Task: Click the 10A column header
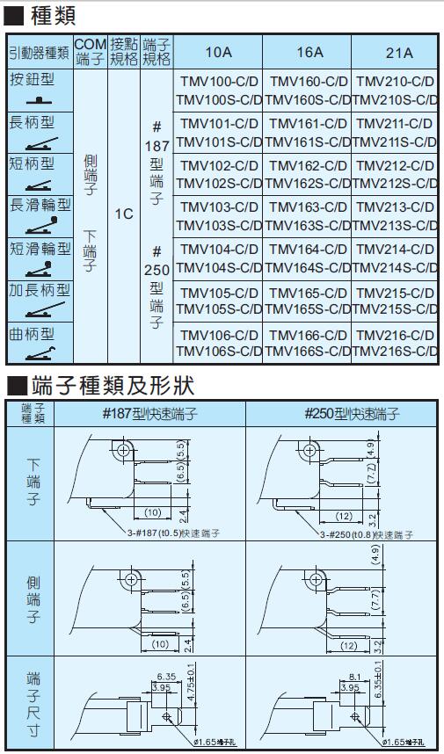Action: [x=218, y=52]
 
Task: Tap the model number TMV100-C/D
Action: [x=219, y=82]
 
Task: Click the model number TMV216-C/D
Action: [x=395, y=335]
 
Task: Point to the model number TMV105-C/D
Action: [x=219, y=293]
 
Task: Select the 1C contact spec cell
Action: [x=124, y=214]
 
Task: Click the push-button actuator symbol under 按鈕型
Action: [x=40, y=101]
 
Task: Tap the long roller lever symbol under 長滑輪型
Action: [x=41, y=226]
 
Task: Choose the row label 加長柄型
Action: [x=40, y=289]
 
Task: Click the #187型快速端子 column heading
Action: [x=149, y=414]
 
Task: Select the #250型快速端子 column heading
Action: [x=352, y=414]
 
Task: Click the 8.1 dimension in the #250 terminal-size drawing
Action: [x=355, y=677]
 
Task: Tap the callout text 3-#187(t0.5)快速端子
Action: [x=170, y=533]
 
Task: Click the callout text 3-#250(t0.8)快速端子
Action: [x=366, y=533]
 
